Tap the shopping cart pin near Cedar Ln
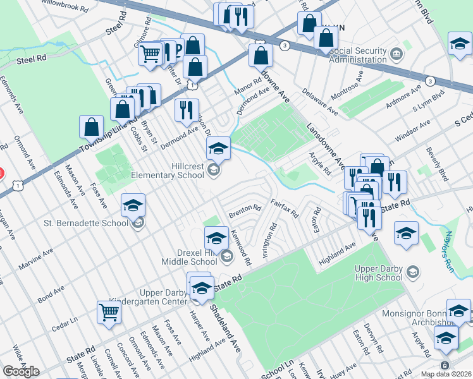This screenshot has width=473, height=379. click(109, 312)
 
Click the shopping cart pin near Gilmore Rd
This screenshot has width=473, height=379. click(150, 54)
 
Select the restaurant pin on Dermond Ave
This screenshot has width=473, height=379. click(187, 110)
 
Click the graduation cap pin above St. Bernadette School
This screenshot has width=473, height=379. click(133, 205)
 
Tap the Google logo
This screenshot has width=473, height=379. click(21, 371)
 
